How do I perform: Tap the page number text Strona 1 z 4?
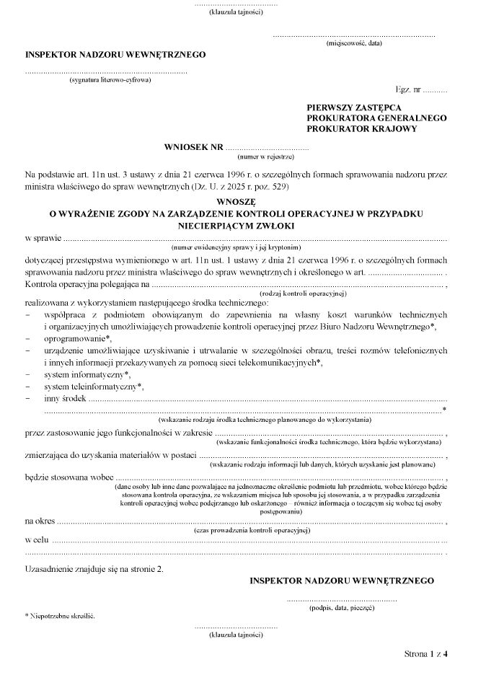426,655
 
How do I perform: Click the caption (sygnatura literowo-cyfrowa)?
110,80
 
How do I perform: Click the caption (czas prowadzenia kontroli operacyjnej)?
247,529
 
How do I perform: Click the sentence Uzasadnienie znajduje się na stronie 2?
94,569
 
